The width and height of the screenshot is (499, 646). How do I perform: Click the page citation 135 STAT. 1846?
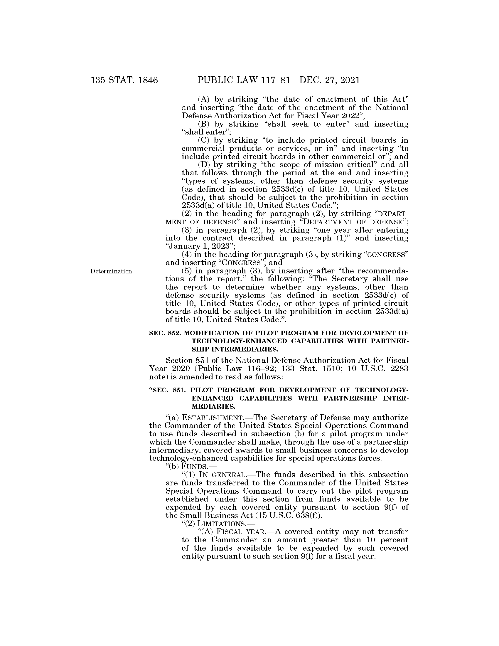pos(124,80)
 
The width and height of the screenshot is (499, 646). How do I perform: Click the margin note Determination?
pos(112,271)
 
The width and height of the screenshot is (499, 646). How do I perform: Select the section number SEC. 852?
pos(165,333)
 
